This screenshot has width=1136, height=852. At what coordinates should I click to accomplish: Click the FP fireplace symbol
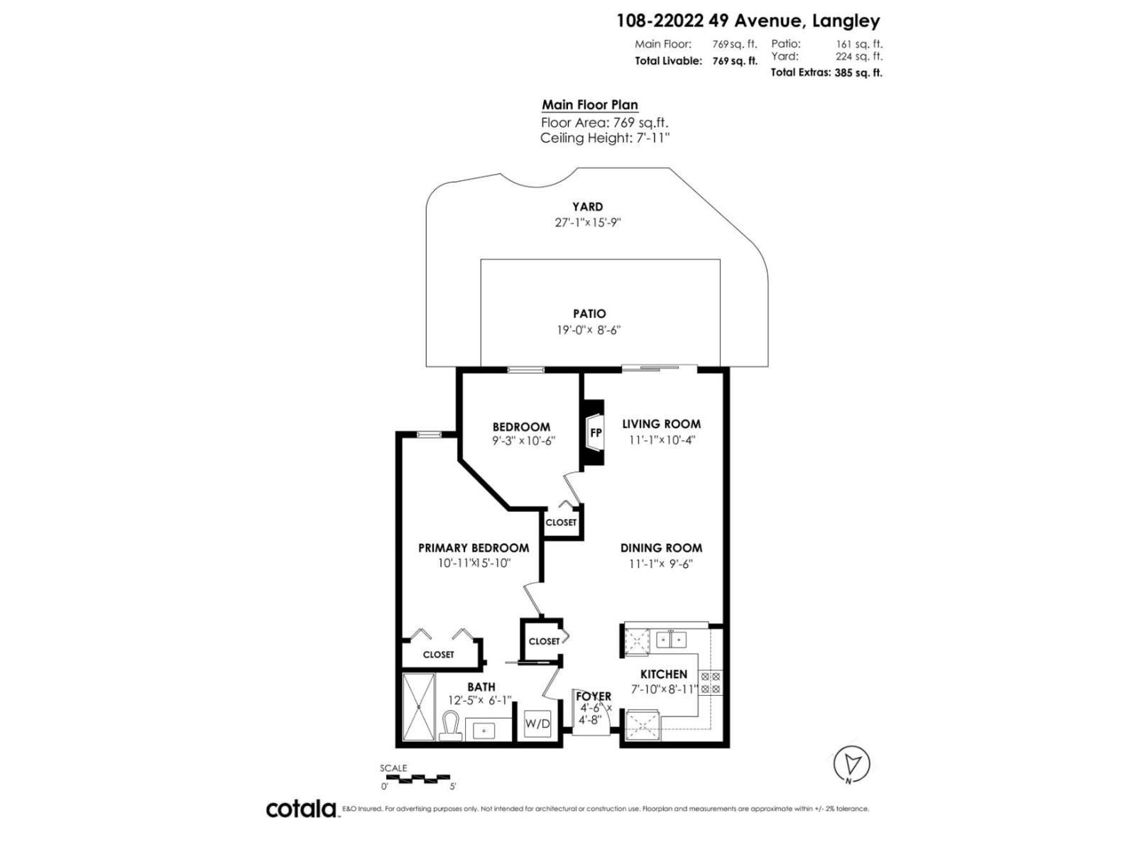click(x=595, y=432)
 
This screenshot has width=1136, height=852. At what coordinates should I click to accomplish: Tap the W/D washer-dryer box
click(x=537, y=724)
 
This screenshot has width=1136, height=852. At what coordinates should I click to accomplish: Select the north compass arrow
click(x=851, y=764)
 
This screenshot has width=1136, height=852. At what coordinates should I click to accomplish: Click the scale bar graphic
click(x=415, y=778)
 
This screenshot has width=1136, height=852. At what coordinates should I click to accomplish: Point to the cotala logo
click(x=301, y=809)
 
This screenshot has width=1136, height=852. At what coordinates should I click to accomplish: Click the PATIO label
click(x=589, y=314)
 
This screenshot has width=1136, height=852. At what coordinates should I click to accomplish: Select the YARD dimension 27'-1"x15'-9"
click(x=588, y=222)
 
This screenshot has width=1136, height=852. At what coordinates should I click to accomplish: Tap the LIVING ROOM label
click(x=661, y=424)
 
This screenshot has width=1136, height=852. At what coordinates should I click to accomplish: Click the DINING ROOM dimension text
click(x=661, y=564)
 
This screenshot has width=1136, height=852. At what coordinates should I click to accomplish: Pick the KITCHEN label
click(x=664, y=674)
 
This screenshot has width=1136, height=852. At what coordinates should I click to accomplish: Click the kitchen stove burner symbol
click(x=711, y=683)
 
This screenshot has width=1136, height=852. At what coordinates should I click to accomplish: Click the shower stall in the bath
click(x=418, y=707)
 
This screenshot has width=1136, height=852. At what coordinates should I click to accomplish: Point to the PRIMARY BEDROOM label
click(x=473, y=548)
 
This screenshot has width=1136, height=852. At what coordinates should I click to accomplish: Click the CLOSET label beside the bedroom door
click(x=561, y=523)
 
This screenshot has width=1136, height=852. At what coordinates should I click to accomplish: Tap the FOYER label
click(x=593, y=697)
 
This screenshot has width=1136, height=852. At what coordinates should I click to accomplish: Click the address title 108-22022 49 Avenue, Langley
click(x=748, y=21)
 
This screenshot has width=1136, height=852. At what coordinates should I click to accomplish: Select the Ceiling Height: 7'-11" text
click(x=605, y=138)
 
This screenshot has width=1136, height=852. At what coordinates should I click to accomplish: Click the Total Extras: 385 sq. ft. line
click(x=826, y=72)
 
